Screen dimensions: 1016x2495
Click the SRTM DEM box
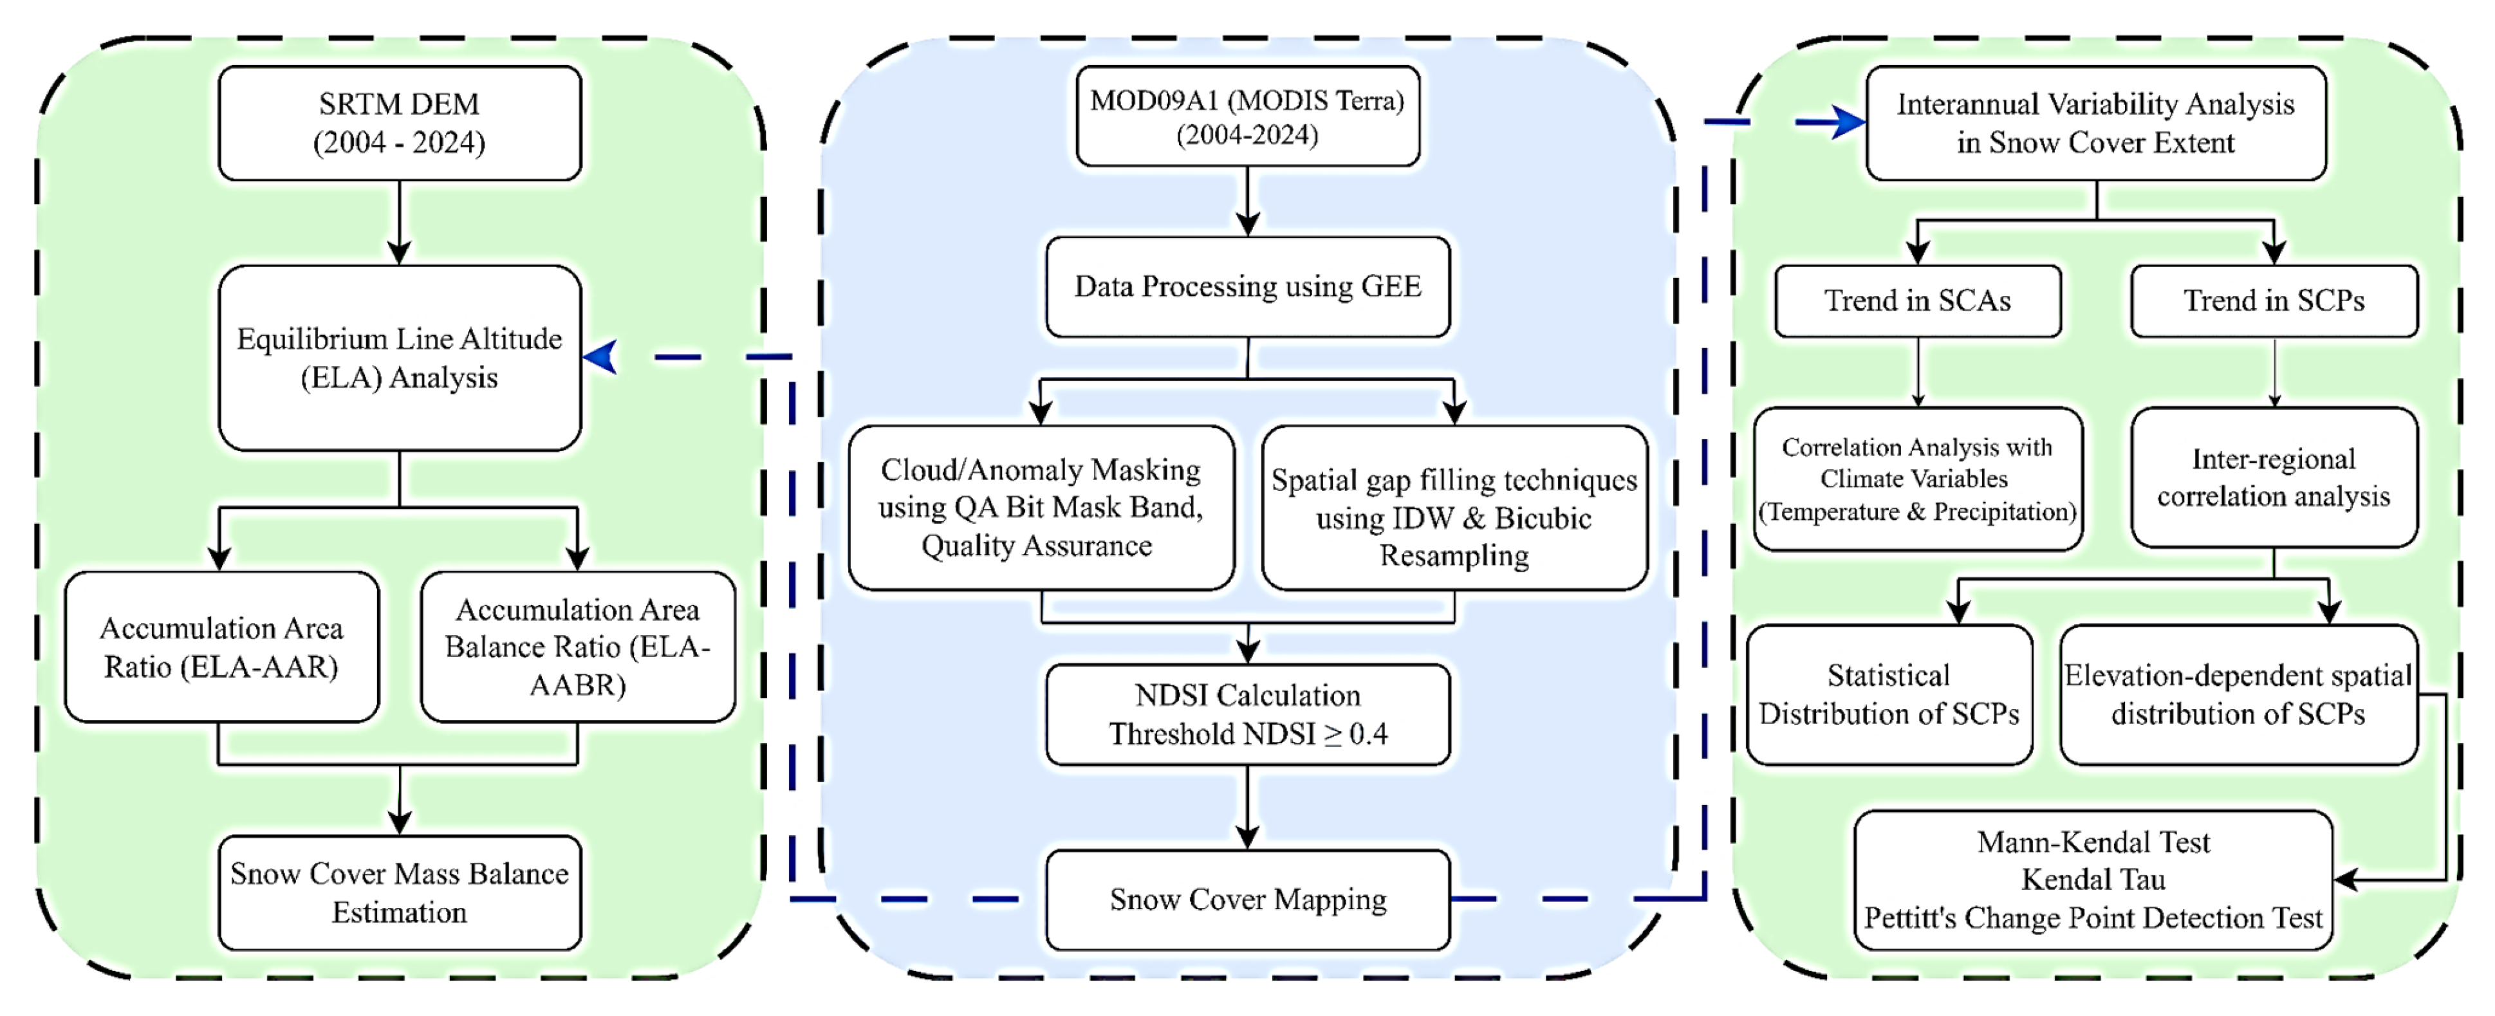pos(399,123)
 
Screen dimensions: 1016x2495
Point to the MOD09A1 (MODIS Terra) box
pos(1247,116)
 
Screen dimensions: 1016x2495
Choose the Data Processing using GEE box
pos(1247,287)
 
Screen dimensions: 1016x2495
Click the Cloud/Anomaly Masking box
pos(1041,508)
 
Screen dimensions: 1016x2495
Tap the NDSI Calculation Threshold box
pos(1247,714)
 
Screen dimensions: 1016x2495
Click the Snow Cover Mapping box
pos(1247,900)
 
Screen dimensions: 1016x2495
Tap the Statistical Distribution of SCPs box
pos(1889,694)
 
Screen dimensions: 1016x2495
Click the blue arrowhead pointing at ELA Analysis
pos(602,356)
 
